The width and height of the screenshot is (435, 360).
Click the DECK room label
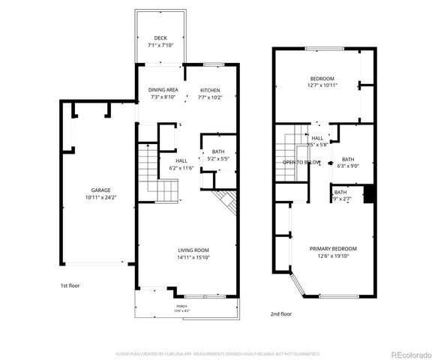click(160, 38)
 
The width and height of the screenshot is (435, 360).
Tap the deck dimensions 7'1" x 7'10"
click(160, 46)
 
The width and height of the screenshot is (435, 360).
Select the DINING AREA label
click(163, 89)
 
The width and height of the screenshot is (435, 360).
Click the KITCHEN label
click(209, 89)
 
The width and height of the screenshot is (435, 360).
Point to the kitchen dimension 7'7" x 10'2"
click(209, 97)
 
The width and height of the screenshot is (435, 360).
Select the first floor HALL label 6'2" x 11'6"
click(181, 160)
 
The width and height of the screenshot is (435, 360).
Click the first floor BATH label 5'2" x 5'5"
click(217, 152)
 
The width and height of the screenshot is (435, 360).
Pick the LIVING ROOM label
click(193, 250)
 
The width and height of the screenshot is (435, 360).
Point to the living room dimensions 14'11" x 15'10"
click(193, 257)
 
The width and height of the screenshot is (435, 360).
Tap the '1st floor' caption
click(70, 286)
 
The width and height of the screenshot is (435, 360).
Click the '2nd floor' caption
click(280, 314)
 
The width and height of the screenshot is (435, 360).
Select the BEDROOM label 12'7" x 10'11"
click(322, 79)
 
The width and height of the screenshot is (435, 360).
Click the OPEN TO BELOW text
click(301, 162)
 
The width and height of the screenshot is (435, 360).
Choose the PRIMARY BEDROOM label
click(333, 248)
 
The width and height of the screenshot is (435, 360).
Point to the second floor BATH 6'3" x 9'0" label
click(348, 159)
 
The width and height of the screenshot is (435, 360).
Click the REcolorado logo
click(408, 353)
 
